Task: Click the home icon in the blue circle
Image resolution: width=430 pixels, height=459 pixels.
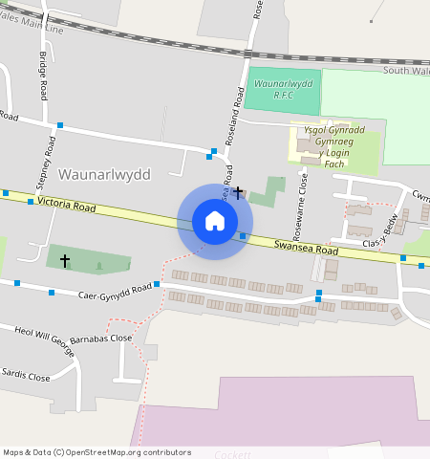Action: pos(215,221)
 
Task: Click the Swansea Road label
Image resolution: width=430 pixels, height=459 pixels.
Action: pos(306,248)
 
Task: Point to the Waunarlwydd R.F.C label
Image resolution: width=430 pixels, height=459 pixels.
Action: pos(282,90)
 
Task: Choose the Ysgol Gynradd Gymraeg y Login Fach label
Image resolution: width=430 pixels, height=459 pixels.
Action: pos(334,146)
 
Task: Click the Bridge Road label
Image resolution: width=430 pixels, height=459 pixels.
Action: pos(44,77)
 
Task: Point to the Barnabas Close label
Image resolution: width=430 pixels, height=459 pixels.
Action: pos(107,338)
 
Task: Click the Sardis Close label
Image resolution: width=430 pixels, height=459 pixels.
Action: pos(26,376)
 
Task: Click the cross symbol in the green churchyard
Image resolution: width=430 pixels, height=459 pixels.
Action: pos(65,259)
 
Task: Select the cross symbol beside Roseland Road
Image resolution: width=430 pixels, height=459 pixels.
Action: pos(238,193)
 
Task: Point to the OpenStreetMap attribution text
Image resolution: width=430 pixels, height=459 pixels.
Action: pos(97,452)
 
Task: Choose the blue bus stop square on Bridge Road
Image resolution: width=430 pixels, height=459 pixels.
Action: pos(59,125)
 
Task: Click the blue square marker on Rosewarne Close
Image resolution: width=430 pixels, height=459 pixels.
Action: pos(318,290)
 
